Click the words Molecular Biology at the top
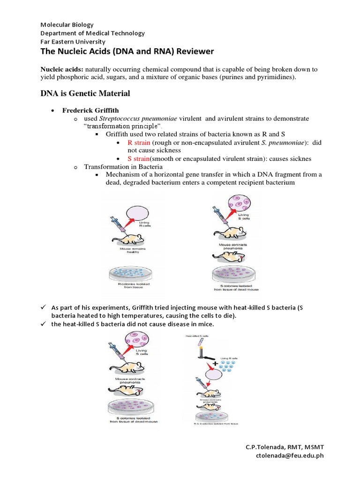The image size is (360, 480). click(x=67, y=24)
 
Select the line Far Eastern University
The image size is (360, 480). click(x=73, y=41)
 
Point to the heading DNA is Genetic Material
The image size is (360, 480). click(x=85, y=94)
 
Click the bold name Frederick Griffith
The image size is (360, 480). click(x=91, y=110)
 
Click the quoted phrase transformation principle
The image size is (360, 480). click(x=123, y=127)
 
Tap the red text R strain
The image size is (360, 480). click(x=139, y=142)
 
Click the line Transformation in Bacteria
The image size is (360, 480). click(x=123, y=166)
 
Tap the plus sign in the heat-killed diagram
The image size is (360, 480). click(x=216, y=363)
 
